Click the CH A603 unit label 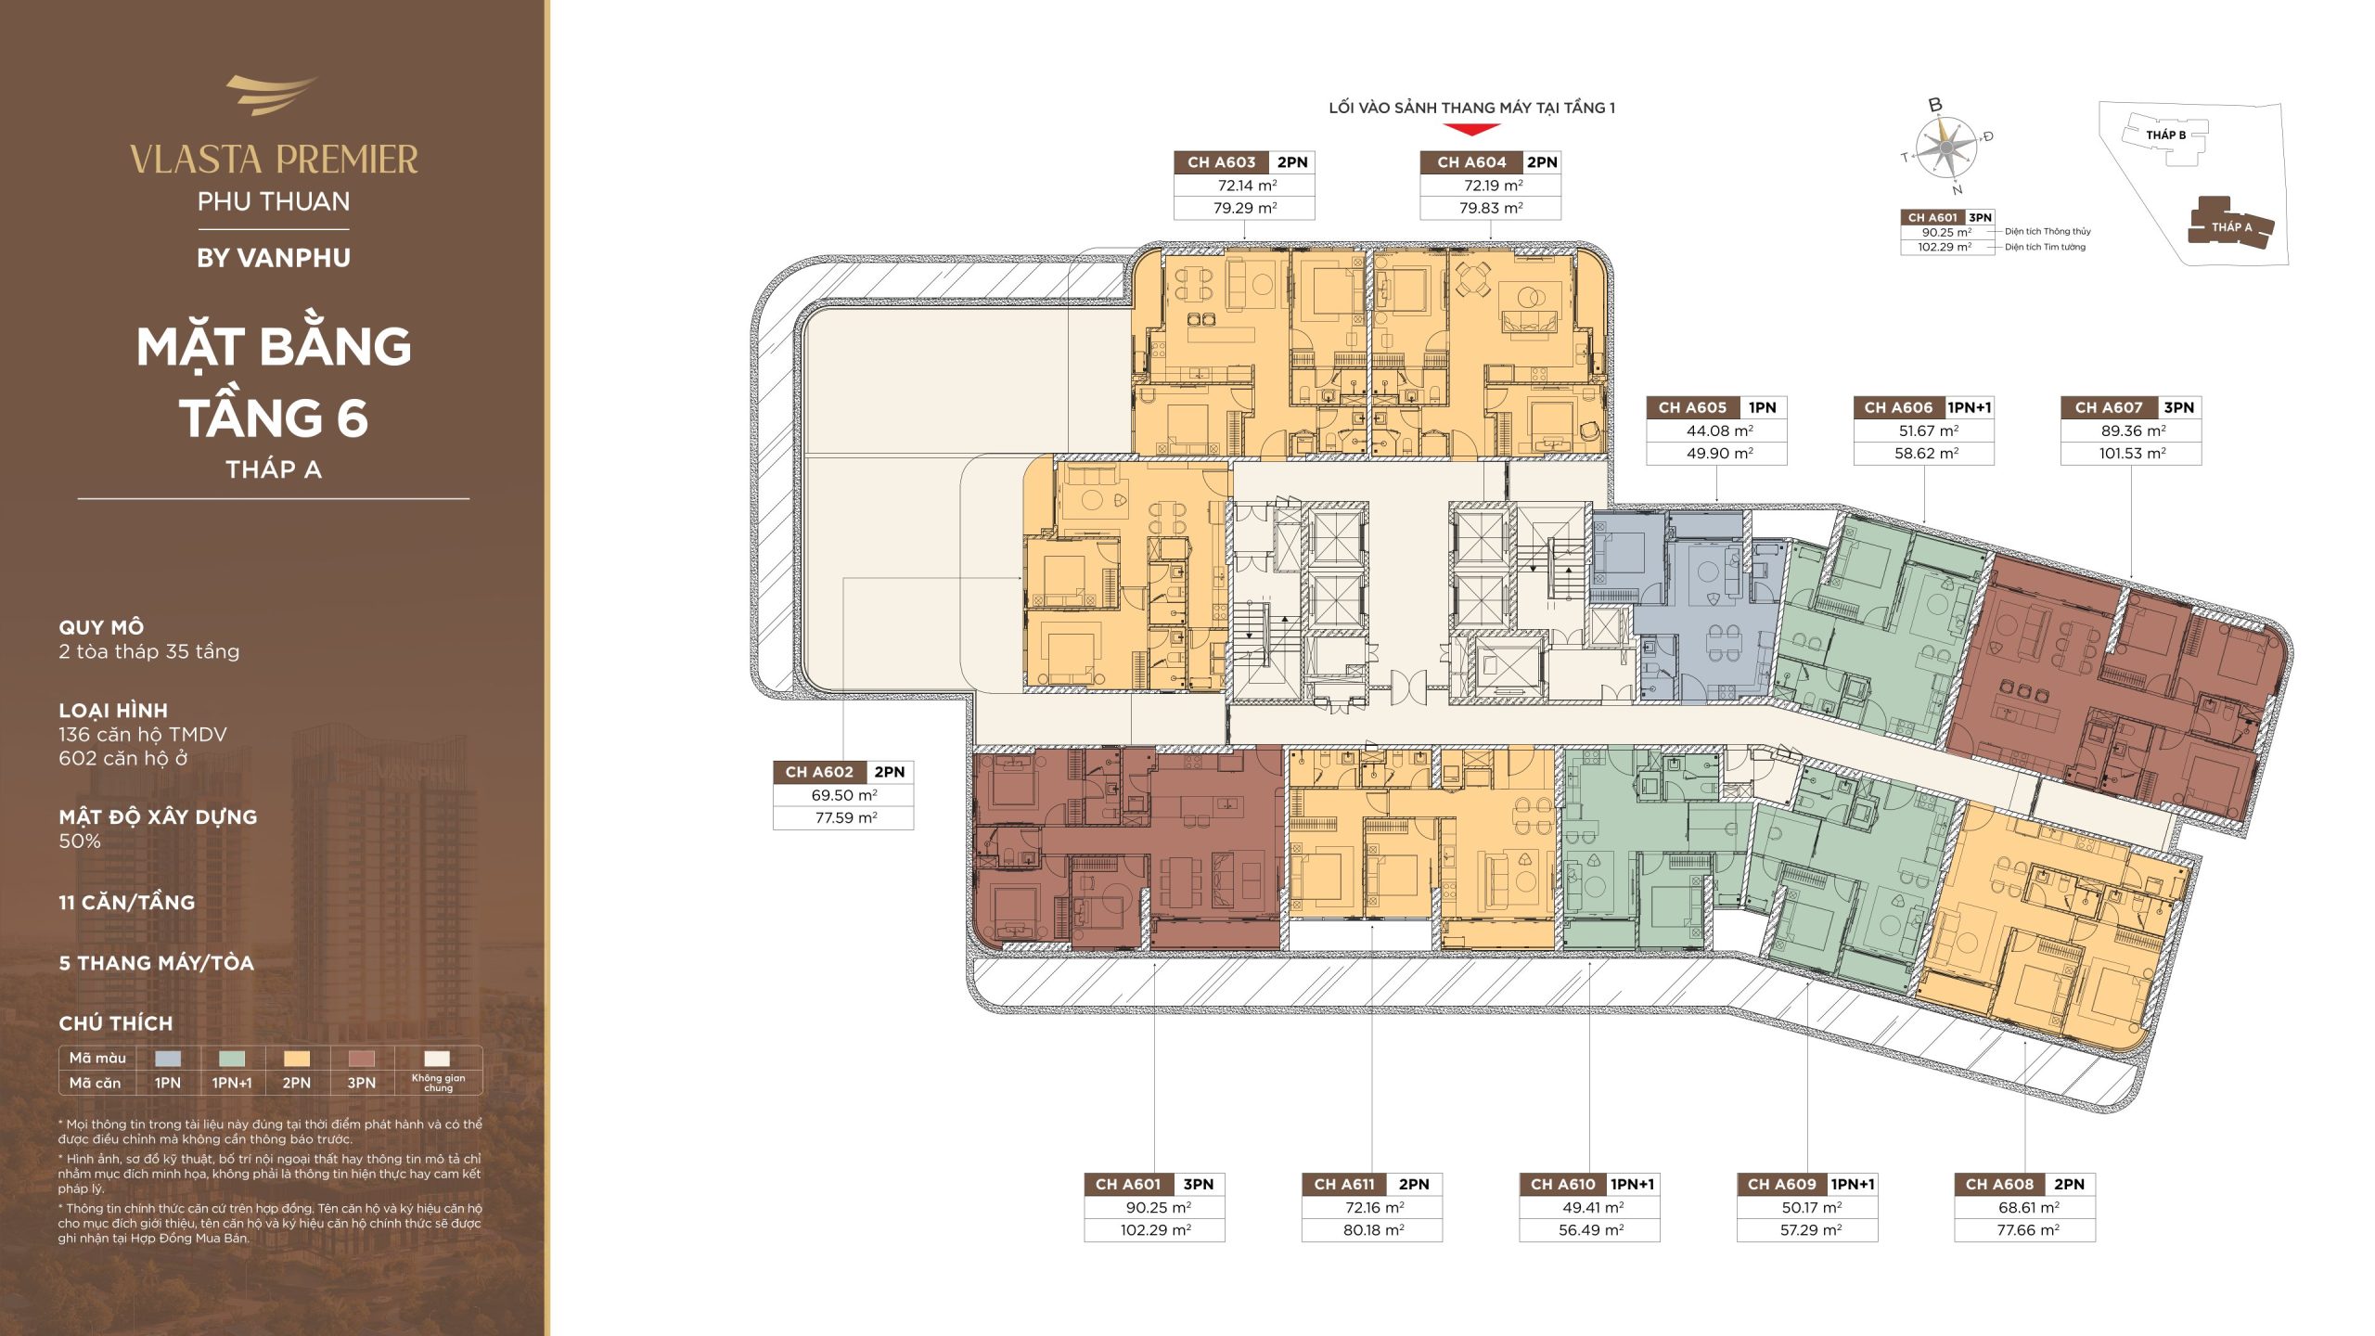[x=1221, y=162]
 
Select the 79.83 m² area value [x=1491, y=208]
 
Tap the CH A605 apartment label [x=1692, y=407]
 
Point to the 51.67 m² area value [x=1928, y=430]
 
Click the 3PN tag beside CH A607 [x=2178, y=407]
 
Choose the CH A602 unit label [x=819, y=772]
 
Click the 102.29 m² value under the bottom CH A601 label [x=1155, y=1230]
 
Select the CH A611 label [x=1344, y=1184]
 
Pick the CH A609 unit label [x=1781, y=1184]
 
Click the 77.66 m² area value [x=2028, y=1230]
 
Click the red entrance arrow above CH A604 [x=1471, y=130]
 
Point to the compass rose [x=1945, y=148]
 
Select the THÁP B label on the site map [x=2165, y=135]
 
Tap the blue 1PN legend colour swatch [x=168, y=1058]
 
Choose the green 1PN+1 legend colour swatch [x=232, y=1058]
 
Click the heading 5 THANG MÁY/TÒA [x=156, y=963]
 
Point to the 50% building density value [x=80, y=841]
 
